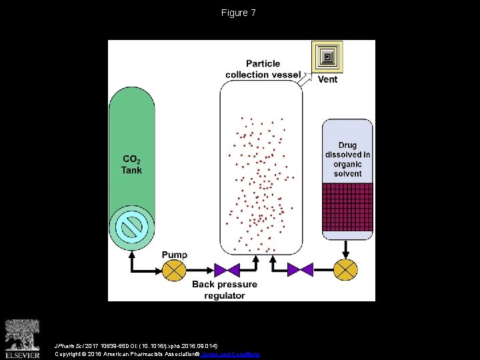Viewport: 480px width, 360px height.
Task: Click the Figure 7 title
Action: (x=239, y=13)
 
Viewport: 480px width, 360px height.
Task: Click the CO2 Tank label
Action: (x=131, y=164)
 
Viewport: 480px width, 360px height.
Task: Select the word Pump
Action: (x=175, y=255)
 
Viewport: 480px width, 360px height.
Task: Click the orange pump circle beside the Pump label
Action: (x=175, y=270)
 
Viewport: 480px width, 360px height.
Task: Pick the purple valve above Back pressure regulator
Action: (x=227, y=270)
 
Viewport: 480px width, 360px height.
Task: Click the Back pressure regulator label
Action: (x=225, y=290)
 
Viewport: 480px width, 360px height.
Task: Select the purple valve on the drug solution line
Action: (x=300, y=270)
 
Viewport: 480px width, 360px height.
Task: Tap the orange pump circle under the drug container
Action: (x=345, y=270)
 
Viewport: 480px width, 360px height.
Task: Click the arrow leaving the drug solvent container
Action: (x=345, y=249)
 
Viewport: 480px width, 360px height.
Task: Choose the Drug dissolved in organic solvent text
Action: (x=347, y=159)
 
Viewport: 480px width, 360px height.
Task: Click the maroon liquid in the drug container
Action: (x=347, y=207)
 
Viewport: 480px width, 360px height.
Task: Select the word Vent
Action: (x=327, y=79)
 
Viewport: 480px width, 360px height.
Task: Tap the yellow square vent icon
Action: (x=327, y=57)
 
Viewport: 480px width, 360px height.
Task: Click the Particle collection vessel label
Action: (x=263, y=69)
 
